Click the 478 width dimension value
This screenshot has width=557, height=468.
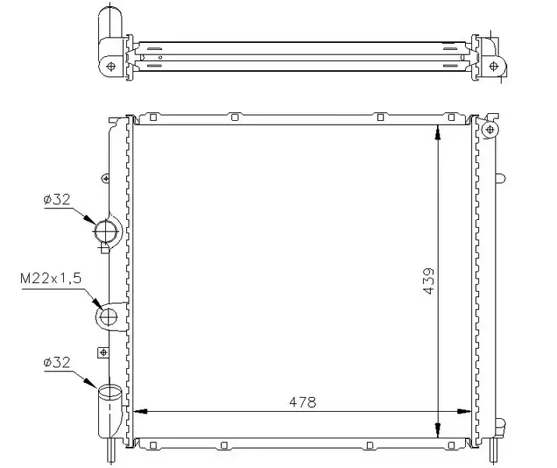302,402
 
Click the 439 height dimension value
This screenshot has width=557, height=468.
428,282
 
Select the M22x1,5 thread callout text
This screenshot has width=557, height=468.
51,278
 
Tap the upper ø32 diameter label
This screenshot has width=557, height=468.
57,200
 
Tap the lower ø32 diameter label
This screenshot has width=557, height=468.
57,363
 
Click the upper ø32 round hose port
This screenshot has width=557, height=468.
105,231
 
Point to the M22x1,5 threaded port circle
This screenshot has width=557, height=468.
108,317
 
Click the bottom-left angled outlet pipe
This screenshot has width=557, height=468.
110,412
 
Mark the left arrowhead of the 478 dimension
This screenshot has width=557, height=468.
140,412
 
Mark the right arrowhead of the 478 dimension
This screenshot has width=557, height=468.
464,412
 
